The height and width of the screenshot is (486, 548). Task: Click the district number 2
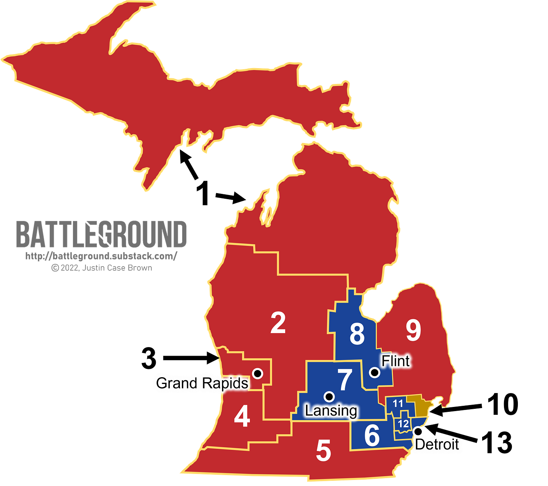point(278,323)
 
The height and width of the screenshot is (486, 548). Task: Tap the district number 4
point(242,417)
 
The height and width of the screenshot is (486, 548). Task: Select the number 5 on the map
point(323,451)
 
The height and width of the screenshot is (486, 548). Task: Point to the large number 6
point(372,436)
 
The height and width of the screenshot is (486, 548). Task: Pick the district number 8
point(357,334)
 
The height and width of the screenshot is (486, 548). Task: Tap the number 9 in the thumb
point(413,331)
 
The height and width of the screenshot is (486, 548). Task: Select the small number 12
point(403,424)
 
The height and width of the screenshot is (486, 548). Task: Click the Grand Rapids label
point(202,383)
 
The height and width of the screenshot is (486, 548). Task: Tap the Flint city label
point(396,361)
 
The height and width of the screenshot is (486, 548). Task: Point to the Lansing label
point(331,411)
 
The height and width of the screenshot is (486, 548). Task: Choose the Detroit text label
point(437,445)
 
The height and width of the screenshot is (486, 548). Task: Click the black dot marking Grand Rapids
point(257,373)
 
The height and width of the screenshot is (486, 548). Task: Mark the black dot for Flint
point(374,372)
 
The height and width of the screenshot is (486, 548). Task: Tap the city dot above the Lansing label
point(329,396)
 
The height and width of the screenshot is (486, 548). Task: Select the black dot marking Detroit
point(417,431)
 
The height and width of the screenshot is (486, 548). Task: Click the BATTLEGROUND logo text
point(101,234)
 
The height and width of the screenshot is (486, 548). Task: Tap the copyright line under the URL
point(101,268)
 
